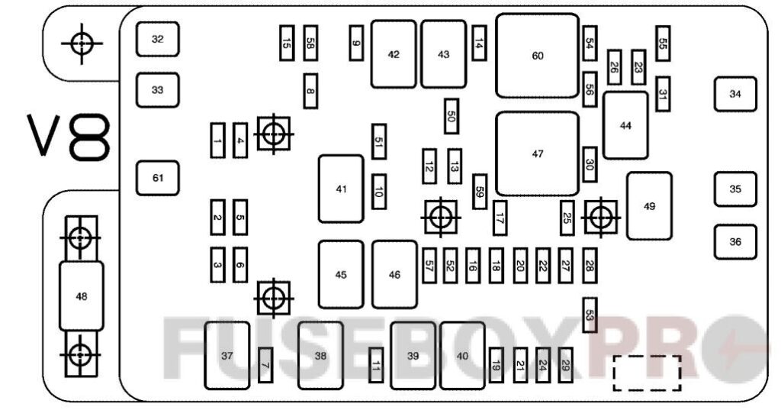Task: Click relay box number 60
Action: click(x=538, y=56)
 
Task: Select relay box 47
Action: click(x=538, y=153)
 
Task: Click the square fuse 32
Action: click(x=158, y=39)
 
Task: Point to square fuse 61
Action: click(x=158, y=179)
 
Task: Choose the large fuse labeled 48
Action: click(x=79, y=296)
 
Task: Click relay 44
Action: click(x=625, y=125)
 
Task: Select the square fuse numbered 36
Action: click(x=734, y=242)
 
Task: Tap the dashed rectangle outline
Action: click(x=647, y=372)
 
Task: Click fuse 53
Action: click(x=588, y=315)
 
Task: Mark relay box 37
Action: click(x=227, y=355)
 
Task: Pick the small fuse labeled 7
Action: click(x=265, y=366)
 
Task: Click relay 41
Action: click(x=341, y=189)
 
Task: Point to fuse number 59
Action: click(x=480, y=192)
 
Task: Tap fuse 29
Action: click(x=565, y=366)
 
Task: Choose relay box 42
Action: click(x=394, y=54)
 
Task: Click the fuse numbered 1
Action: click(x=218, y=140)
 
